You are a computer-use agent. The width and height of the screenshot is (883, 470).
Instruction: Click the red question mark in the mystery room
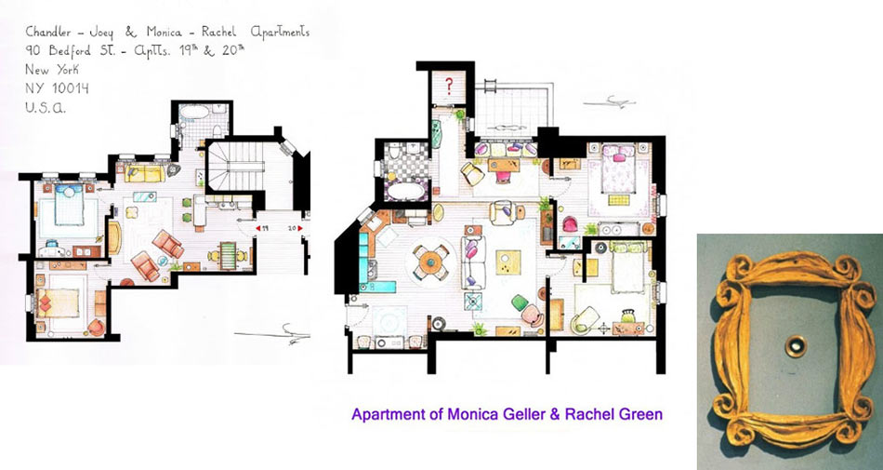coord(449,86)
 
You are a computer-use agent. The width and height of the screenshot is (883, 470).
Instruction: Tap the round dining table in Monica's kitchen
coord(430,261)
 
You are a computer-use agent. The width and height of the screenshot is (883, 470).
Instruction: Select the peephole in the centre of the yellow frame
coord(796,346)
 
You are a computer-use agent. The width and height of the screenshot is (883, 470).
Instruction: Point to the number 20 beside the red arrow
coord(291,228)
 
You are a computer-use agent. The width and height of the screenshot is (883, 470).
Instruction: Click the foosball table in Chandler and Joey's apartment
coord(229,255)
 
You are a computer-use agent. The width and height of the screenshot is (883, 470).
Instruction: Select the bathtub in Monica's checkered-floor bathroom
coord(406,191)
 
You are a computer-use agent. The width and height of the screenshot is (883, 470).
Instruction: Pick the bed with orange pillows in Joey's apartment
coord(58,303)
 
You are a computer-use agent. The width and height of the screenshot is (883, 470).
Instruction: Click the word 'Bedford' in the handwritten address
coord(70,50)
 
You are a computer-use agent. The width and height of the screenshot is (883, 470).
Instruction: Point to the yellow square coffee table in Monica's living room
coord(507,262)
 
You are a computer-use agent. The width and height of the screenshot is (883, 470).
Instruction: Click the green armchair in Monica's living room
coord(520,302)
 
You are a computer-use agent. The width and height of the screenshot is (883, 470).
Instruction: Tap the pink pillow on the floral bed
coord(619,157)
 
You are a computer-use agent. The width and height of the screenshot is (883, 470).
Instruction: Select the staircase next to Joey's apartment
coord(236,167)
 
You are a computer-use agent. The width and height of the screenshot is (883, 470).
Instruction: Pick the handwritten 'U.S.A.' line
coord(46,108)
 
